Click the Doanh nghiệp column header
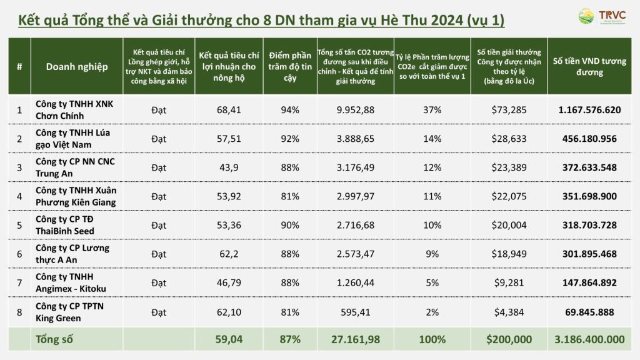[76, 66]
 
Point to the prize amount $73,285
[509, 110]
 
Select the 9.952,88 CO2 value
[355, 110]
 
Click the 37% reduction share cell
[432, 110]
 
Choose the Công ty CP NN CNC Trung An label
[76, 167]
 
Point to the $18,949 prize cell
[509, 254]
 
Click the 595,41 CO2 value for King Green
[355, 311]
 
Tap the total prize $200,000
[509, 340]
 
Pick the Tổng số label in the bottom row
[54, 340]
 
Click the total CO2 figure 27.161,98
[355, 340]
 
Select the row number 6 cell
[19, 254]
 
